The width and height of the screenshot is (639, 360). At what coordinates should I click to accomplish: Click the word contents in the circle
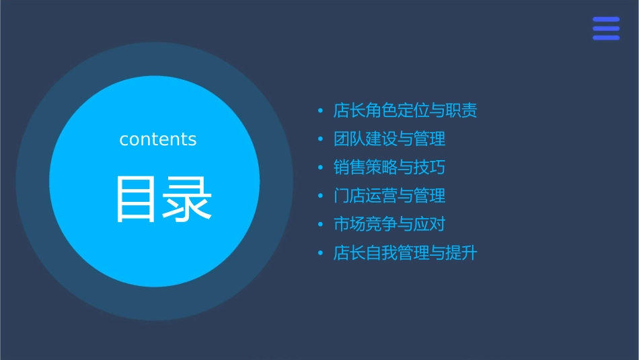pos(158,139)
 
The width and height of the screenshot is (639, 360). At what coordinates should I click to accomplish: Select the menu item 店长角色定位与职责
pos(405,111)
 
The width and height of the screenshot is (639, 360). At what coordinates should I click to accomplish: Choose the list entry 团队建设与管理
pos(389,139)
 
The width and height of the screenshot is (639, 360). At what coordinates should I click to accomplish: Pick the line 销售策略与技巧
pos(389,168)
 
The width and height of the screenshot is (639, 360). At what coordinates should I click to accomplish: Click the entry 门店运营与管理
pos(389,196)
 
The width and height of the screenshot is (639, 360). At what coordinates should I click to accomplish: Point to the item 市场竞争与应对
pos(389,225)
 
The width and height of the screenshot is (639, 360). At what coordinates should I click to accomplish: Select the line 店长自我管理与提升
pos(405,253)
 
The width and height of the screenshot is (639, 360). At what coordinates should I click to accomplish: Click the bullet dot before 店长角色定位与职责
pos(320,111)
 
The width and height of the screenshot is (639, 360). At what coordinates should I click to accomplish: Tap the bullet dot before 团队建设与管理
pos(320,139)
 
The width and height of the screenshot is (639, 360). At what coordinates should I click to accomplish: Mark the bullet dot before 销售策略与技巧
pos(320,168)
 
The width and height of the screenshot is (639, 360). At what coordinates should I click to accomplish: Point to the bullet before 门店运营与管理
pos(320,196)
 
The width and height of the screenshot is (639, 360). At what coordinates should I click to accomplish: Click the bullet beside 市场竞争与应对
pos(320,225)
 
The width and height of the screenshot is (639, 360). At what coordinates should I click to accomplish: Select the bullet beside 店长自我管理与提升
pos(320,253)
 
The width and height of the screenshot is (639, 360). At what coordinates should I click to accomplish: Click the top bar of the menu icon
pos(606,20)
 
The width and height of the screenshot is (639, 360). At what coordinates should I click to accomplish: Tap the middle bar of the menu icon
pos(606,28)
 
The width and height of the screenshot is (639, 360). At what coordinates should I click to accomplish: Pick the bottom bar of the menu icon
pos(606,38)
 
